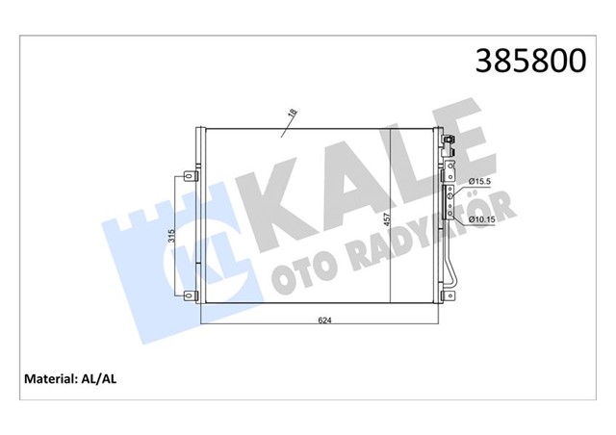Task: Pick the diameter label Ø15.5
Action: tap(480, 182)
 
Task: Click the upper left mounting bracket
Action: tap(188, 176)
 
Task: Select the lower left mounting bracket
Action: tap(188, 293)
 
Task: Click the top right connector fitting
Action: tap(448, 143)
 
